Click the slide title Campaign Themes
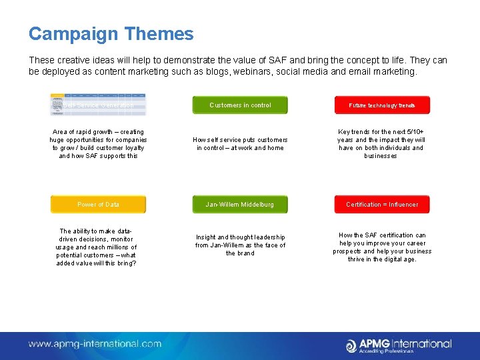(111, 34)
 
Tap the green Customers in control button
(240, 105)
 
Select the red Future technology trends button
(382, 105)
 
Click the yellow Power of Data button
(98, 205)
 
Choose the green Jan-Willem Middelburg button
(240, 205)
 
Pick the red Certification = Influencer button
(382, 205)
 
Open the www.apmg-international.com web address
(95, 344)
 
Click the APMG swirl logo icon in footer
(351, 345)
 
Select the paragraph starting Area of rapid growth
(98, 144)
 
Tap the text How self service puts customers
(240, 144)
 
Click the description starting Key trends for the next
(381, 144)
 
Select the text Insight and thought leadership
(240, 245)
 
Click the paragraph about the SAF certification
(382, 247)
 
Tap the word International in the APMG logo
(419, 343)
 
